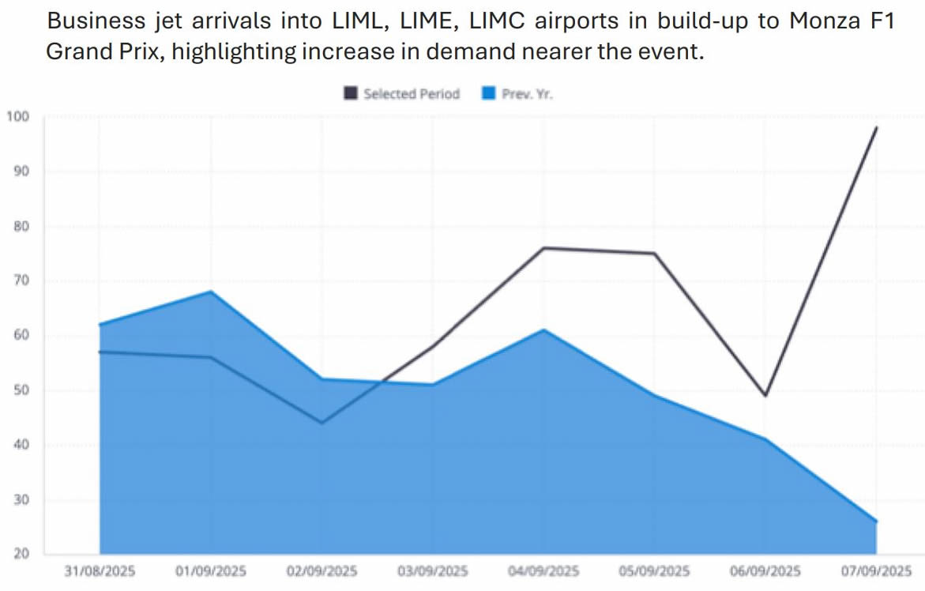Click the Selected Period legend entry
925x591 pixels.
pos(402,94)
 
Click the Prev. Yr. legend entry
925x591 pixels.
pos(518,94)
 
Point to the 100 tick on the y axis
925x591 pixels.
pos(17,117)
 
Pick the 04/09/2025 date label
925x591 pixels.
pos(544,570)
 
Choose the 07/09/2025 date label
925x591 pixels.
pos(876,570)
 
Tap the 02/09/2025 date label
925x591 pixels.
pos(322,570)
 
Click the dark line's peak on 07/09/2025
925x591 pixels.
pos(876,127)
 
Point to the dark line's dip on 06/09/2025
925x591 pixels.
pos(765,395)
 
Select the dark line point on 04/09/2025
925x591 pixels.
pos(544,248)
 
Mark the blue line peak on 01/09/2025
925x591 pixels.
pos(211,292)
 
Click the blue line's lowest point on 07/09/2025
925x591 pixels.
pos(876,521)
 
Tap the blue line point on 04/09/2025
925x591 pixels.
pos(544,329)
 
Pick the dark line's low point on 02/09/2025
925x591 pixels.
pos(322,423)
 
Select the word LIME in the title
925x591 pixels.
pos(412,21)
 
